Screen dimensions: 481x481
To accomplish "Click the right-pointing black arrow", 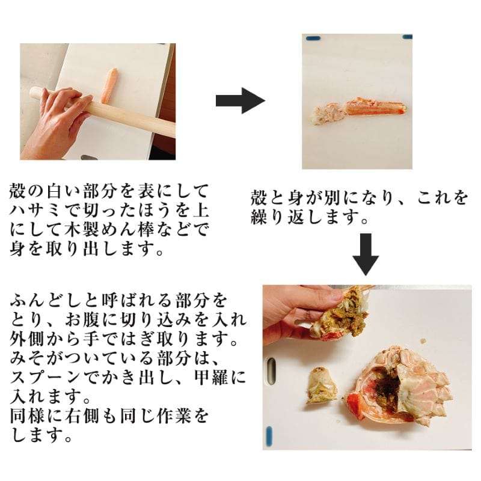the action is tap(240, 100).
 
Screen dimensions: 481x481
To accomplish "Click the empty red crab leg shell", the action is tap(374, 108).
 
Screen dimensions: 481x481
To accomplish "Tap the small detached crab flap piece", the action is tap(321, 385).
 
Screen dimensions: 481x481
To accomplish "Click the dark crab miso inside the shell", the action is tap(387, 387).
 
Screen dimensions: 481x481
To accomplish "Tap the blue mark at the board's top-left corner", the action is tap(313, 38).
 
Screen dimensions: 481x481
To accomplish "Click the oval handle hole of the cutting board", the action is tap(272, 370).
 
